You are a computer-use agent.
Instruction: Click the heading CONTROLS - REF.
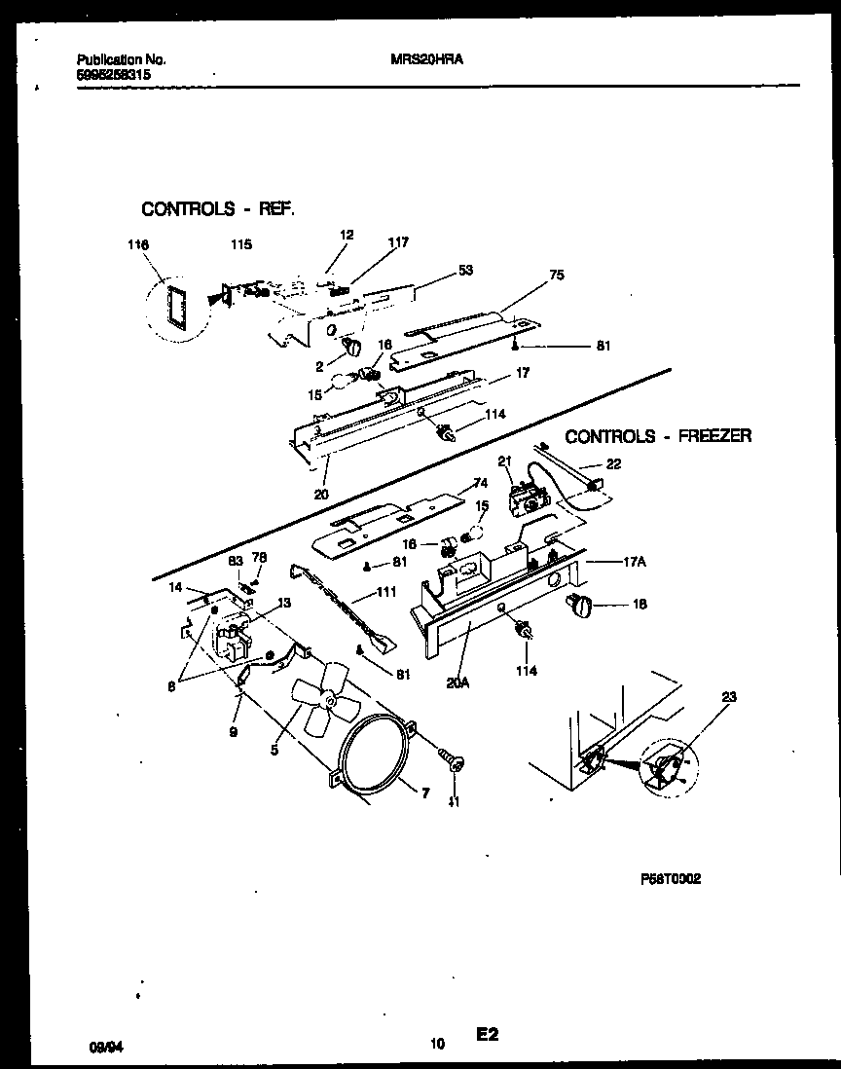(x=217, y=208)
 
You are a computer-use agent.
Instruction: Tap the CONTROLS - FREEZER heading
(x=658, y=436)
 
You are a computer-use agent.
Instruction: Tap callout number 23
(x=730, y=697)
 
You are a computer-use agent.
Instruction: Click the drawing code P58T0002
(x=671, y=877)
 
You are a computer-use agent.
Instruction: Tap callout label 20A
(x=457, y=682)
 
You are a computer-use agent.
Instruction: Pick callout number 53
(x=465, y=270)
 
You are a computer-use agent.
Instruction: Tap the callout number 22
(x=612, y=463)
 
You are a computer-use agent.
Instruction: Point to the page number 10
(x=437, y=1045)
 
